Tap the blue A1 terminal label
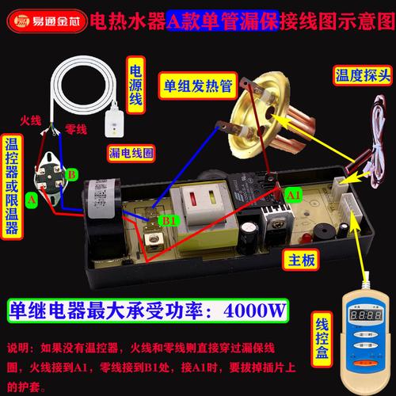tap(293, 192)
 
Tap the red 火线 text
tap(29, 122)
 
